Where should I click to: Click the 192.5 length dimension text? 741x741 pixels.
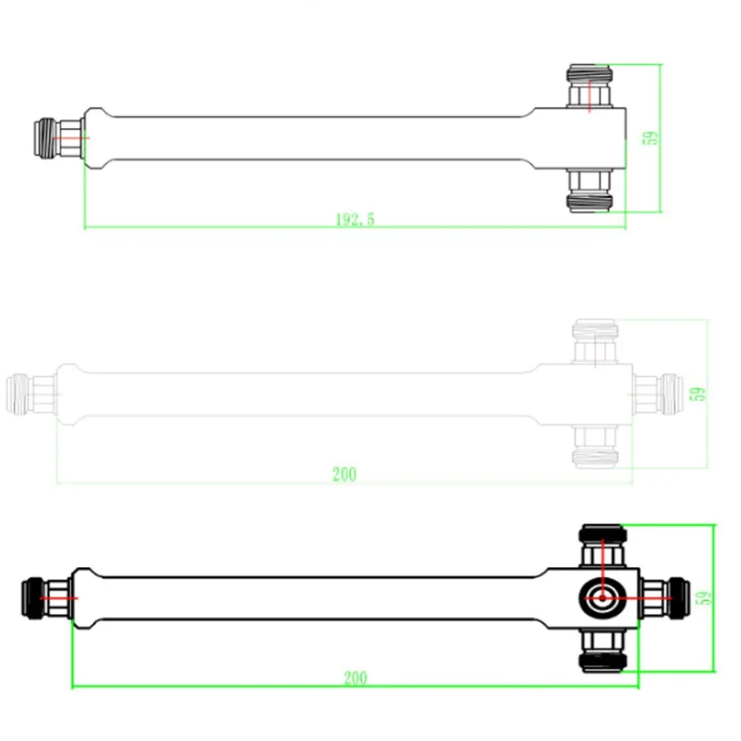[x=355, y=220]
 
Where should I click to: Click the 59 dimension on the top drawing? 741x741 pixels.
[x=651, y=138]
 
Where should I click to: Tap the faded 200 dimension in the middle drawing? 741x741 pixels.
[x=345, y=474]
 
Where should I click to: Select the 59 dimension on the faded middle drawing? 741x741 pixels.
[x=698, y=394]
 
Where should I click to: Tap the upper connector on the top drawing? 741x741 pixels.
[x=590, y=85]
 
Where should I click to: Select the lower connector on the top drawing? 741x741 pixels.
[x=590, y=191]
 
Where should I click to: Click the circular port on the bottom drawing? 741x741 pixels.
[x=602, y=598]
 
